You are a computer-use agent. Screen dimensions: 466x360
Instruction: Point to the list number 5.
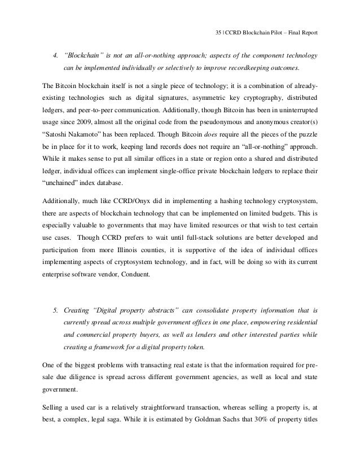55,310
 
